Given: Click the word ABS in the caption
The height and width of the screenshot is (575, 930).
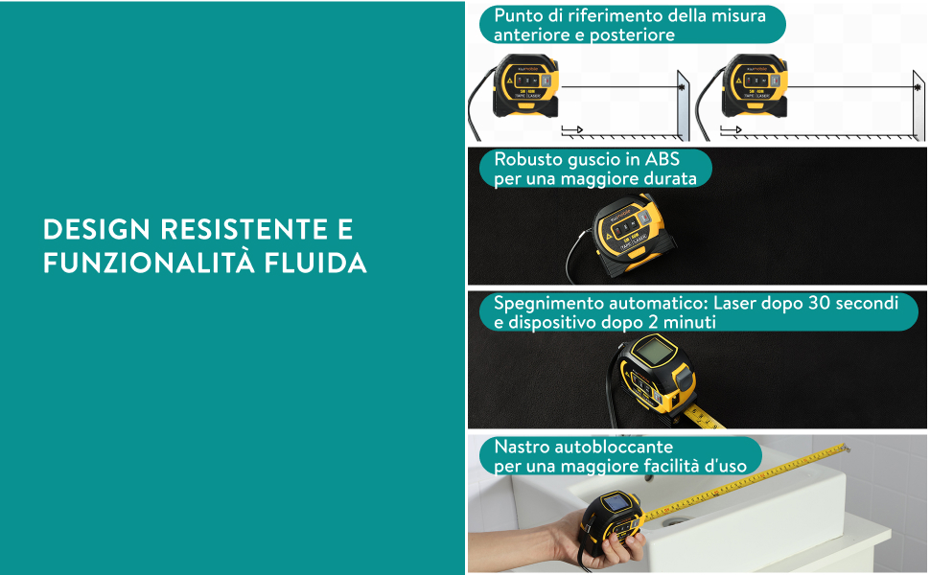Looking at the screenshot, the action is tap(662, 159).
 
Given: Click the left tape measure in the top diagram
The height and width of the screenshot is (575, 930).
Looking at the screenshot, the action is tap(525, 85).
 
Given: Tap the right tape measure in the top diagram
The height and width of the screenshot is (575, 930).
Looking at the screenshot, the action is tap(755, 85).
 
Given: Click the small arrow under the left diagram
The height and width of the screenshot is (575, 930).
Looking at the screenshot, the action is tap(572, 129).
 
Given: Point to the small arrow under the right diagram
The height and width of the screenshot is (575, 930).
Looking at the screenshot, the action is tap(732, 129).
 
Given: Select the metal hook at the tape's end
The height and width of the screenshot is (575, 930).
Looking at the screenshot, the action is tap(844, 447).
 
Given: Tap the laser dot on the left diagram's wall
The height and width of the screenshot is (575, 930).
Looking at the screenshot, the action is tap(682, 87).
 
